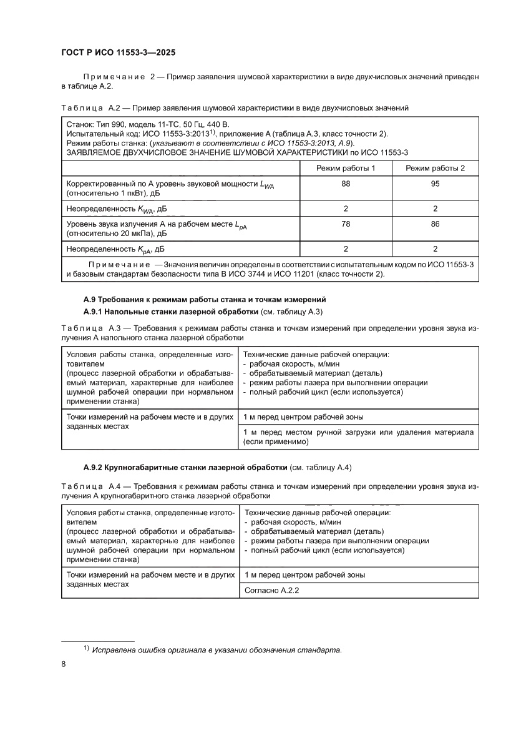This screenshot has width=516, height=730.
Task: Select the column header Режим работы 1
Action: [345, 169]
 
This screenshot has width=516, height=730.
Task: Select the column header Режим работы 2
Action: [434, 169]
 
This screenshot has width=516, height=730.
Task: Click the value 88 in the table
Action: [345, 184]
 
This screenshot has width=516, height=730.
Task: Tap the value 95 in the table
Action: [434, 184]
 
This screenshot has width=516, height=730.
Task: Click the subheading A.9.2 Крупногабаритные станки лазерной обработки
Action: [185, 467]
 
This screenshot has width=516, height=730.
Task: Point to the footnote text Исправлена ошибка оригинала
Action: [216, 650]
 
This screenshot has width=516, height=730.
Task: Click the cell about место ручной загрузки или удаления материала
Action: [358, 437]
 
